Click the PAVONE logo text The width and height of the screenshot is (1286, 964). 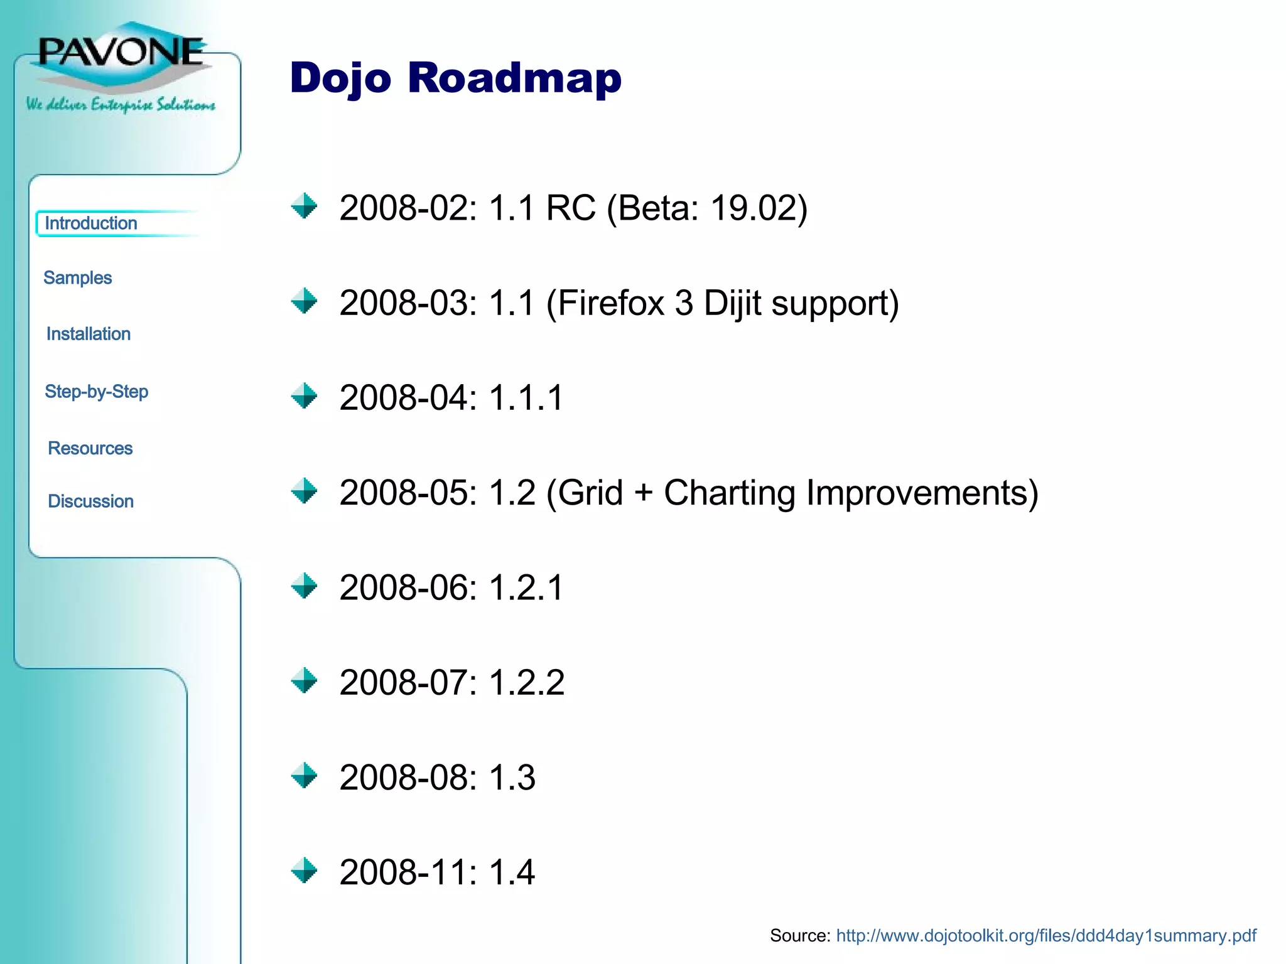(121, 51)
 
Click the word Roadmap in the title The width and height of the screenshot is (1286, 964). (514, 78)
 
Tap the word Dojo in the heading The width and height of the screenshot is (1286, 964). (340, 79)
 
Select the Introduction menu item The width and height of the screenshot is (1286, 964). (91, 223)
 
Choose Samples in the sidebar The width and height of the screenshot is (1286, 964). (77, 278)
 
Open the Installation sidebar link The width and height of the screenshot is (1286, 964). (89, 334)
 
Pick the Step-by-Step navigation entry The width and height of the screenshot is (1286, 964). (97, 392)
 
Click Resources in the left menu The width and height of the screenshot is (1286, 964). (90, 448)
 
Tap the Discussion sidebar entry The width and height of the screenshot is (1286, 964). (91, 501)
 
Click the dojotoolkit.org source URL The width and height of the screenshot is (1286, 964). (1046, 936)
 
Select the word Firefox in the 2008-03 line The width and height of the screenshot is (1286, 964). (610, 303)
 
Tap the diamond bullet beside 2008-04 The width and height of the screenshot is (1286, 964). (305, 396)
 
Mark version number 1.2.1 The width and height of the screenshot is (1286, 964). (526, 588)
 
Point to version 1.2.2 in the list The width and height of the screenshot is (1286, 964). (526, 683)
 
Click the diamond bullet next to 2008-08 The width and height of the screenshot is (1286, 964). (305, 776)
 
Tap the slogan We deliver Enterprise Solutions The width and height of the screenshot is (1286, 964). (121, 104)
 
